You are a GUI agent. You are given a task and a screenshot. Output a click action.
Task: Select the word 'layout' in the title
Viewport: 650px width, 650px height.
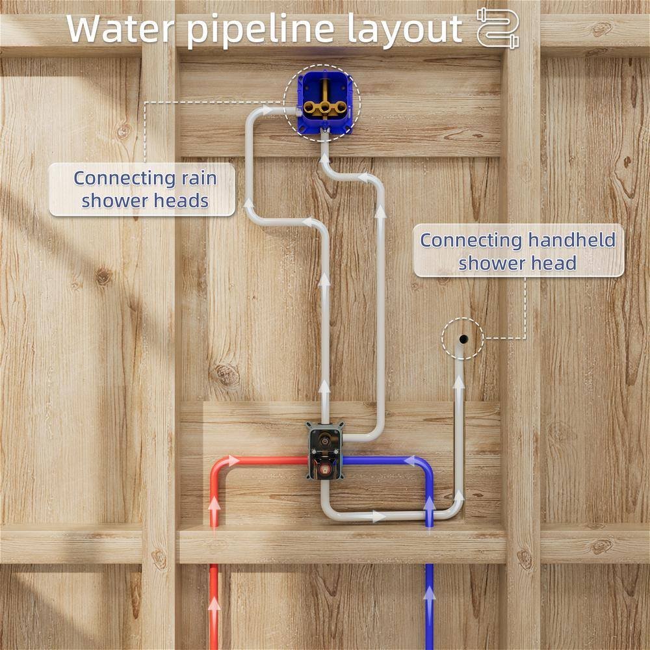click(404, 31)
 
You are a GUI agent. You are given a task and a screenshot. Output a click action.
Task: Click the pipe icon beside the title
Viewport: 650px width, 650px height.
click(497, 28)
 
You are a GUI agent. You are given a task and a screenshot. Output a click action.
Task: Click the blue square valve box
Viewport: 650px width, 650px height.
click(325, 103)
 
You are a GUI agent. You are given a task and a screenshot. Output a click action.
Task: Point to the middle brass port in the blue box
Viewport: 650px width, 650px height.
click(325, 108)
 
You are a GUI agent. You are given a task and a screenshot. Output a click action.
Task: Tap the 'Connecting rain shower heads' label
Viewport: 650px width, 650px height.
click(142, 189)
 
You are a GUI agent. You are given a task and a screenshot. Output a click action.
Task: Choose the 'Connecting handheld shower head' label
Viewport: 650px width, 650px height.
click(519, 251)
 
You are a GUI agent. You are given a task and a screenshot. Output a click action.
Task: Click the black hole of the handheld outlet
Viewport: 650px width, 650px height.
click(463, 339)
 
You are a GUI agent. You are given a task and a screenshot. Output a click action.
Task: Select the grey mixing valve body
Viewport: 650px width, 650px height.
click(326, 451)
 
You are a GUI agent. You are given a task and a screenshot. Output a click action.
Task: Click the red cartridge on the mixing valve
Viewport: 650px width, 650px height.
click(324, 470)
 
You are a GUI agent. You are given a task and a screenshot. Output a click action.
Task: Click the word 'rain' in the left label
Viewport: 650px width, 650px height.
click(198, 179)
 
